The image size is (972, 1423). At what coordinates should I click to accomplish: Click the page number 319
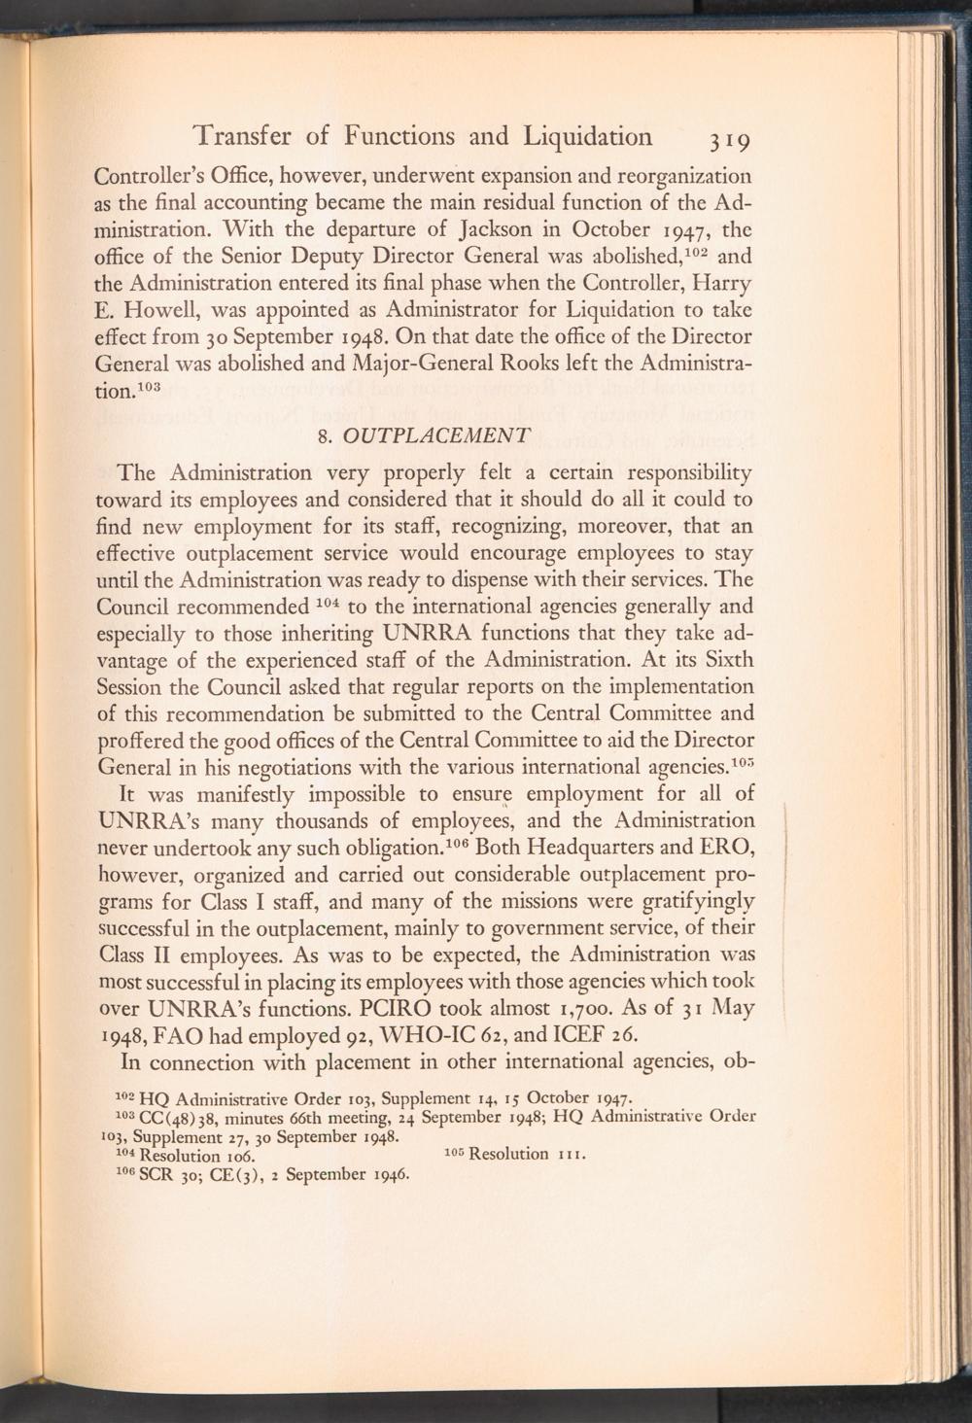[727, 141]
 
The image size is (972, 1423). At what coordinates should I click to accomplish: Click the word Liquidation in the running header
[589, 135]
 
